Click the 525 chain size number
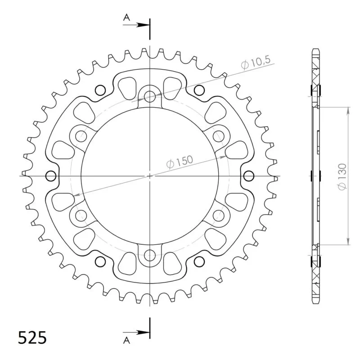pos(32,338)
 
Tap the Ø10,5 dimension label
pos(256,62)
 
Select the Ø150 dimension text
pos(180,162)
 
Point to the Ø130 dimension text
pos(342,177)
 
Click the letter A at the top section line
pos(126,17)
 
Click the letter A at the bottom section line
pos(126,341)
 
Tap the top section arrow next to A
pos(136,25)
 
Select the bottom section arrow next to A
pos(136,332)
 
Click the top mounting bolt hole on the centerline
pos(150,96)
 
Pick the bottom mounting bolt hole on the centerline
pos(150,255)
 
